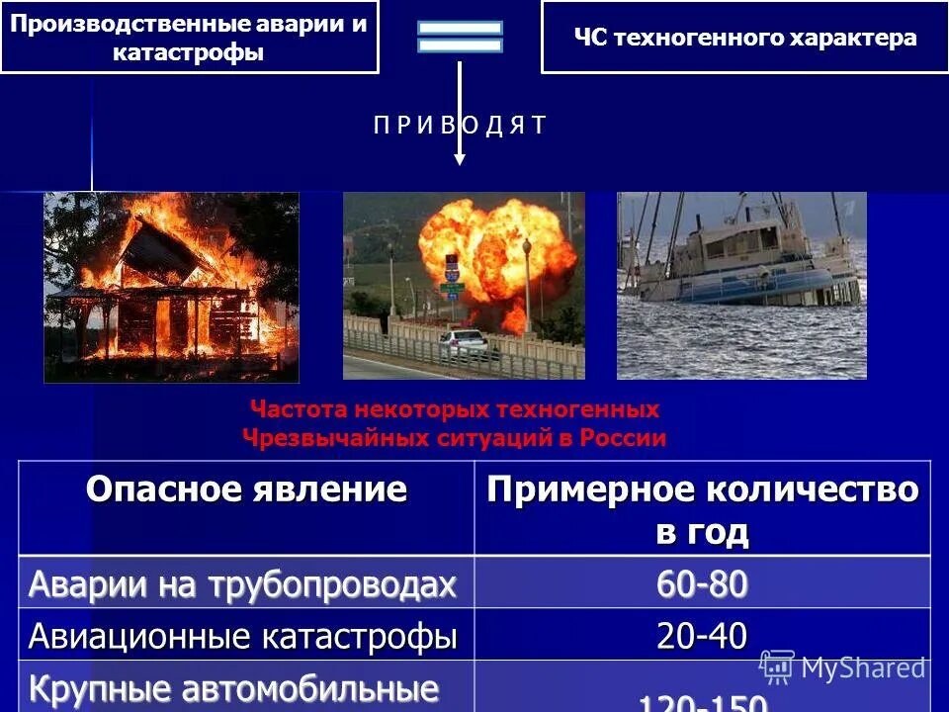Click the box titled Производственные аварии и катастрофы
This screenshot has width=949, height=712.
[x=189, y=38]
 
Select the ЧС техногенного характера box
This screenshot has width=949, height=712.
[x=744, y=39]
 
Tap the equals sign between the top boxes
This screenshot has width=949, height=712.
[x=460, y=37]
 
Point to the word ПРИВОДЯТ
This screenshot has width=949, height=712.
[x=459, y=125]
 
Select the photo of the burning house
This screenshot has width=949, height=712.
[x=171, y=287]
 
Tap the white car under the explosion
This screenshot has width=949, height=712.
[x=462, y=343]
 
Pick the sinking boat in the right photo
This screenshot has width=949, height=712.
[x=741, y=262]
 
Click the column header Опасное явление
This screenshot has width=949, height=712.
[x=246, y=489]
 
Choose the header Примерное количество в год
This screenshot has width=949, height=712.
[x=702, y=509]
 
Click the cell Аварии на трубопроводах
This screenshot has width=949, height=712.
[x=243, y=583]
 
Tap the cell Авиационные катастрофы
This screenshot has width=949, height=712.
[x=243, y=636]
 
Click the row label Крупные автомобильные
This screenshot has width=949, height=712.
[x=233, y=688]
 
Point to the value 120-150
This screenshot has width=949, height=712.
[x=702, y=702]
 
